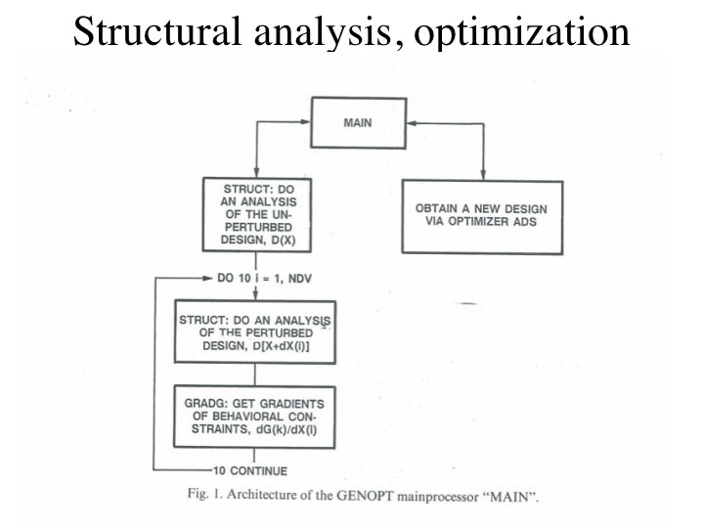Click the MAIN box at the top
tap(359, 124)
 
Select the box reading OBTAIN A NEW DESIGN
tap(482, 216)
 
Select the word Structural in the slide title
tap(152, 31)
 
